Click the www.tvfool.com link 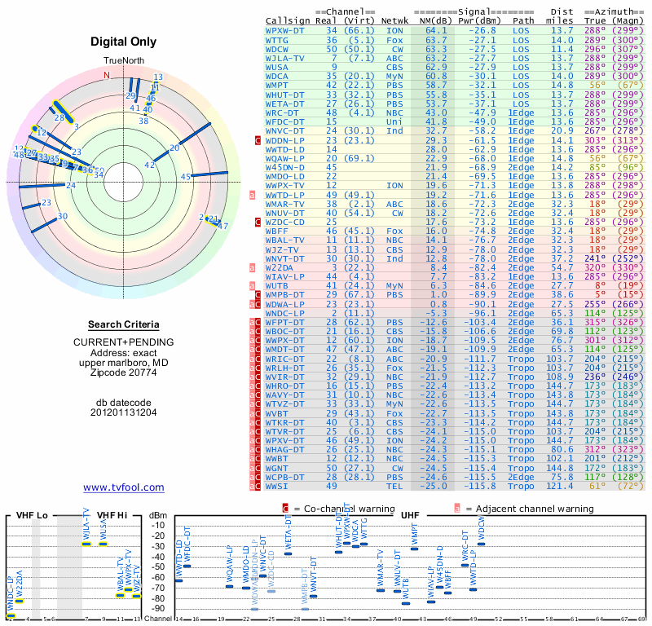(124, 487)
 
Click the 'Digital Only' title (124, 42)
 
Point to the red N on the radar (105, 76)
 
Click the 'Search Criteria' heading (124, 324)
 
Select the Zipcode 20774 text (124, 373)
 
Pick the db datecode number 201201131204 (124, 412)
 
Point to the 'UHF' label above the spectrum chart (410, 515)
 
